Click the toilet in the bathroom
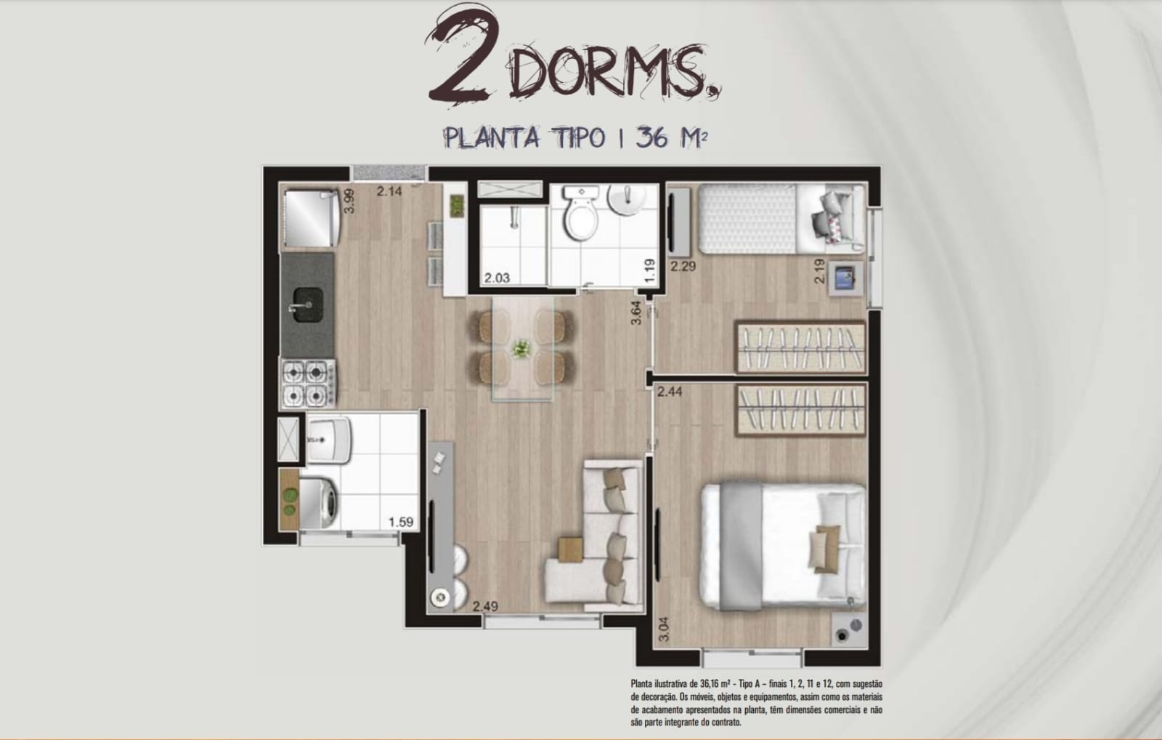[x=581, y=214]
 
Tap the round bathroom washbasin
[x=627, y=199]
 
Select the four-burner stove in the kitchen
[x=308, y=383]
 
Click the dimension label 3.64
[x=636, y=313]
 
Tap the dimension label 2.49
[x=485, y=606]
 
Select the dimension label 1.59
[x=401, y=522]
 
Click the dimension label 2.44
[x=670, y=392]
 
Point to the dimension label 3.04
[x=664, y=629]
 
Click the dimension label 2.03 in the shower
[x=497, y=278]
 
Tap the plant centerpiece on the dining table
[x=521, y=348]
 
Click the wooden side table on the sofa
[x=571, y=550]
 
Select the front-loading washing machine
[x=317, y=503]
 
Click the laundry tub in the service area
[x=329, y=441]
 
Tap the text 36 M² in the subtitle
[x=672, y=137]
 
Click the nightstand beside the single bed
[x=845, y=278]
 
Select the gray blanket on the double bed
[x=741, y=546]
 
